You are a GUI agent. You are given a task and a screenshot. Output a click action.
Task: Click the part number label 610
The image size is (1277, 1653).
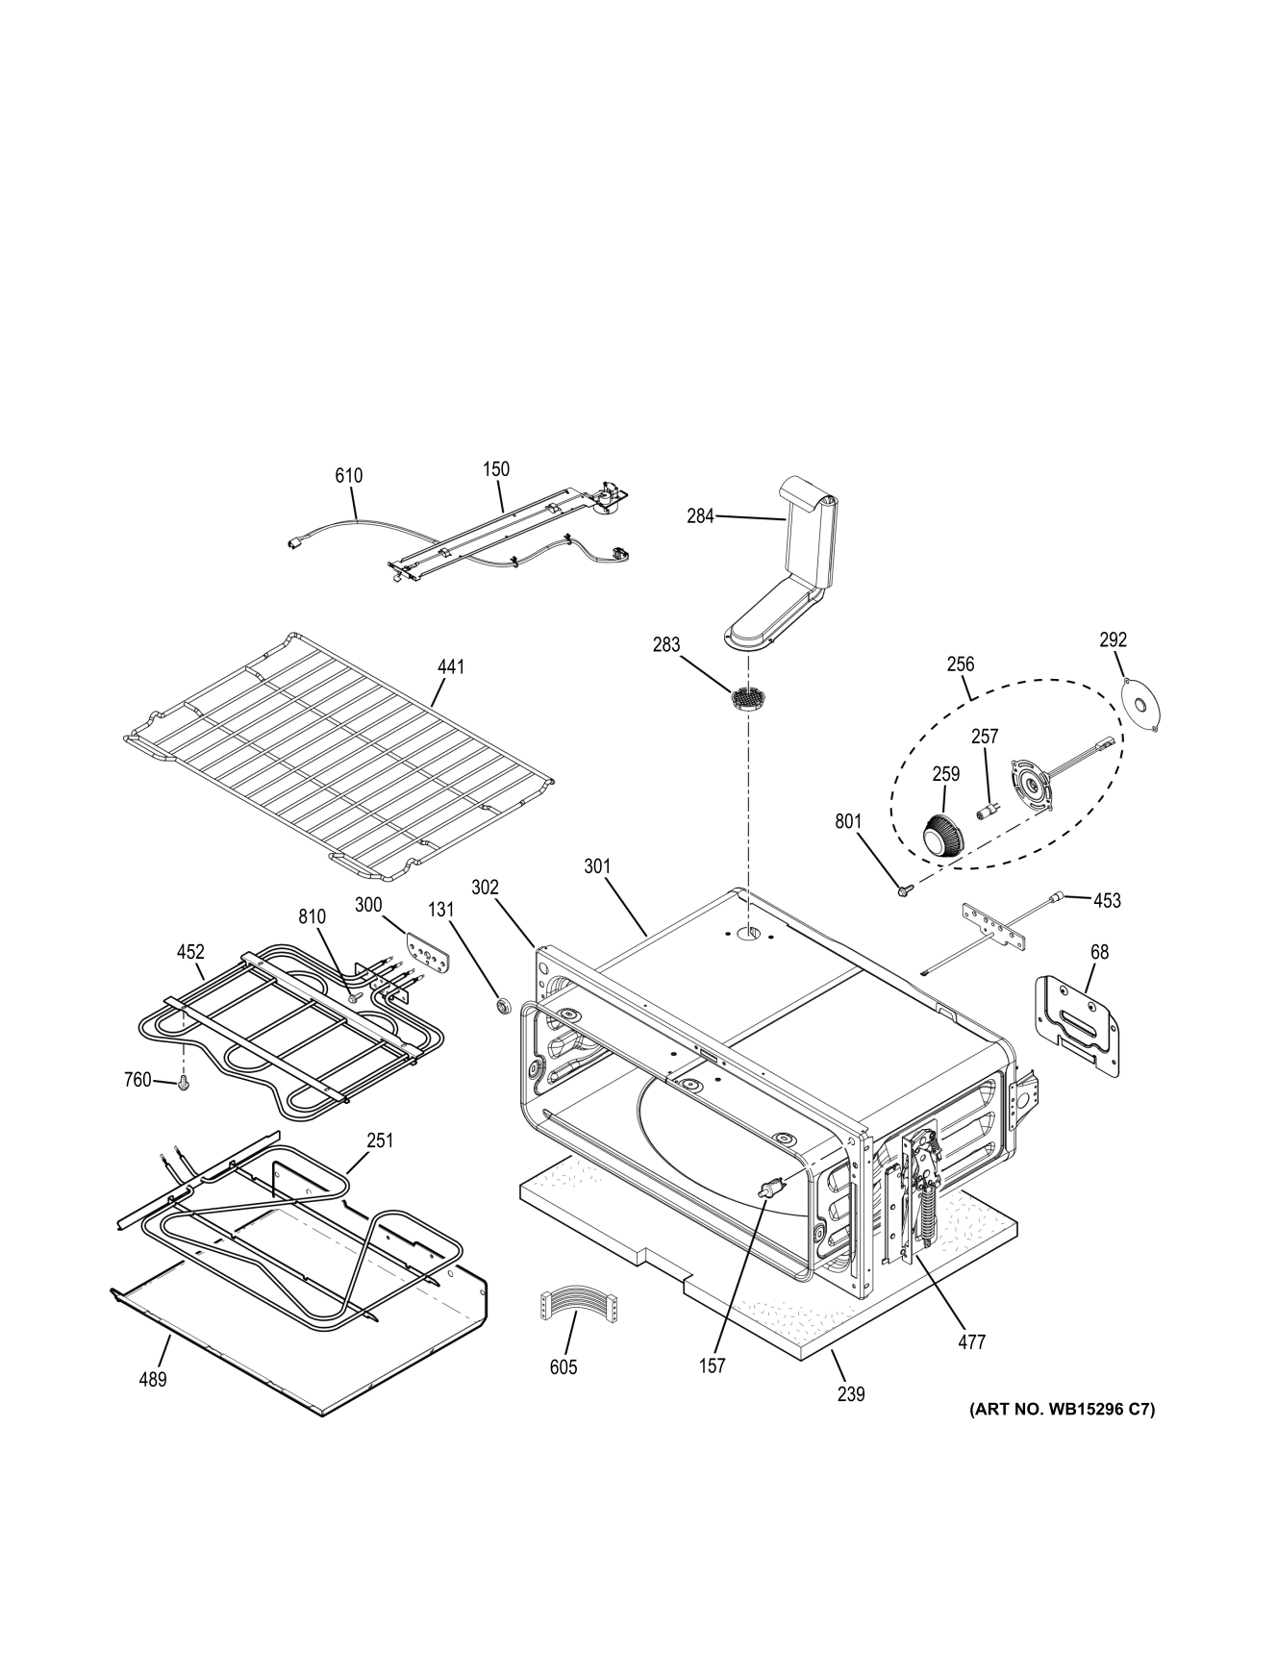pos(348,475)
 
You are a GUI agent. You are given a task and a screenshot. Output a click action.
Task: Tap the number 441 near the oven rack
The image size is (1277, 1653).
pos(450,666)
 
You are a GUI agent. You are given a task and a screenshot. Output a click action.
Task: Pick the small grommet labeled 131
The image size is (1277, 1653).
pos(501,1007)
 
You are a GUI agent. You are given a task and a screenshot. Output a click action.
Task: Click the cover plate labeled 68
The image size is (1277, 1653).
pos(1078,1024)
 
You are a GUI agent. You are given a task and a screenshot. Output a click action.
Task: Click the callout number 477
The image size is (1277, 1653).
pos(972,1341)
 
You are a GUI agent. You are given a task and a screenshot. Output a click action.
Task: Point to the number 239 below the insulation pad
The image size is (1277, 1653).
pos(850,1392)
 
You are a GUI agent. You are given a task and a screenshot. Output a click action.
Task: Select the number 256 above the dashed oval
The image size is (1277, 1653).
pos(960,664)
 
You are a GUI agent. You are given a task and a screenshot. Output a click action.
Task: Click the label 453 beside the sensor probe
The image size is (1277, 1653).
pos(1107,901)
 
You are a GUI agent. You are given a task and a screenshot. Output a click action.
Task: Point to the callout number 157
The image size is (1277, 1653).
pos(712,1365)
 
